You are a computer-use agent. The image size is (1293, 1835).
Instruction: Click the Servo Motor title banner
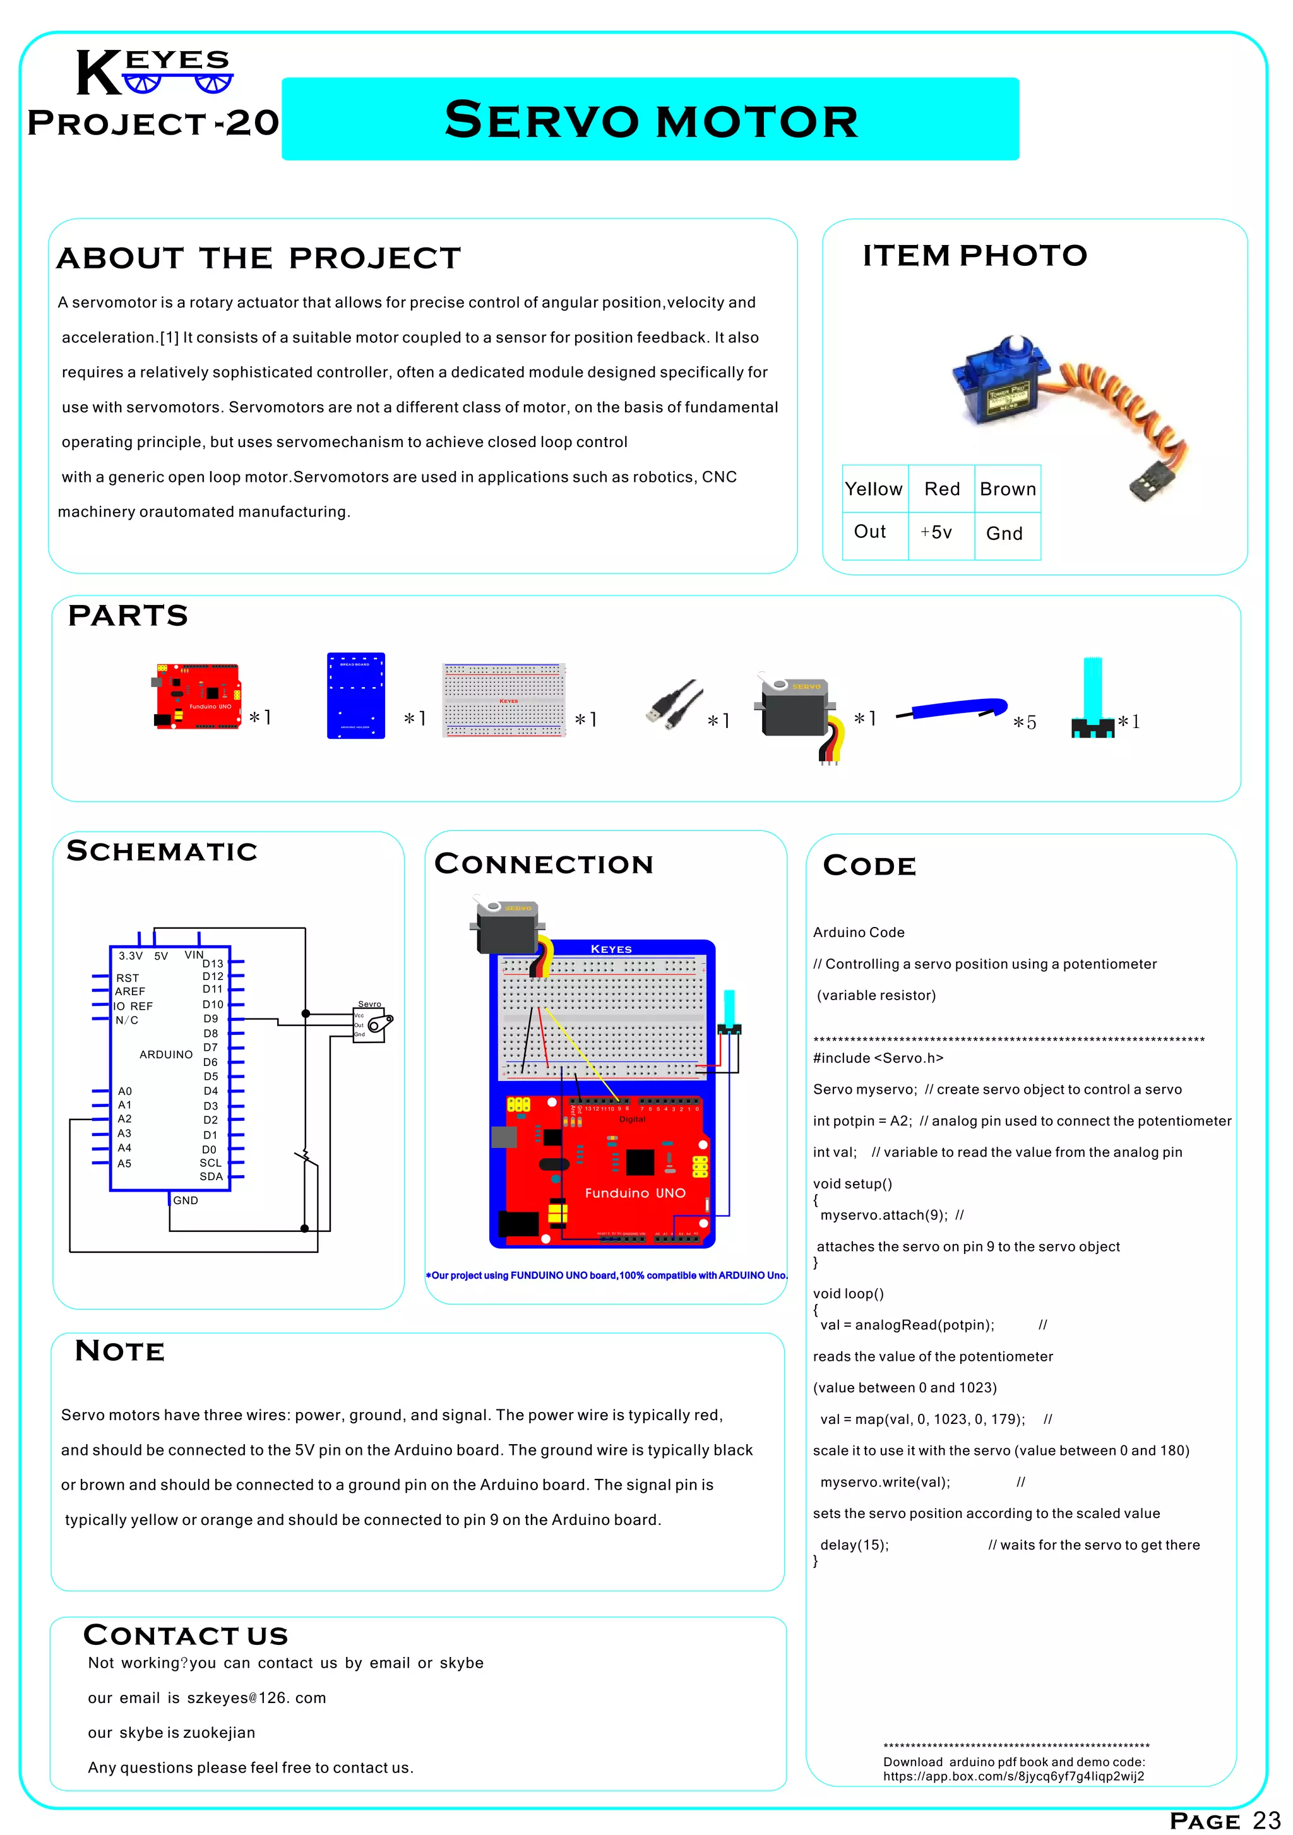[650, 119]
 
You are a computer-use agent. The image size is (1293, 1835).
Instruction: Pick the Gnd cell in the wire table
[1004, 533]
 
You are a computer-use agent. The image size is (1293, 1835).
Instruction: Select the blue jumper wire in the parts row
[953, 709]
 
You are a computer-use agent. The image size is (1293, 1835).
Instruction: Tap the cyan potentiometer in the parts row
[1092, 698]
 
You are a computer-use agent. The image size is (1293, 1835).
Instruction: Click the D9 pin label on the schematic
[210, 1019]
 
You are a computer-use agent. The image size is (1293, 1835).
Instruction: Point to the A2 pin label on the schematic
[124, 1119]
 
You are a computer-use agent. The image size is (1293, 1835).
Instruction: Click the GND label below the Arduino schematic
[186, 1200]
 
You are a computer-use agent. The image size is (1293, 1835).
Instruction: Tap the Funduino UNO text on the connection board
[635, 1193]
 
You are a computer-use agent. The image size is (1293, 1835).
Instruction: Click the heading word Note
[120, 1351]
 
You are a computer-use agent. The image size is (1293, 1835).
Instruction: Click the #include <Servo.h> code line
[878, 1058]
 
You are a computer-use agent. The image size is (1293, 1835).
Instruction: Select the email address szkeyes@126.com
[256, 1697]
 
